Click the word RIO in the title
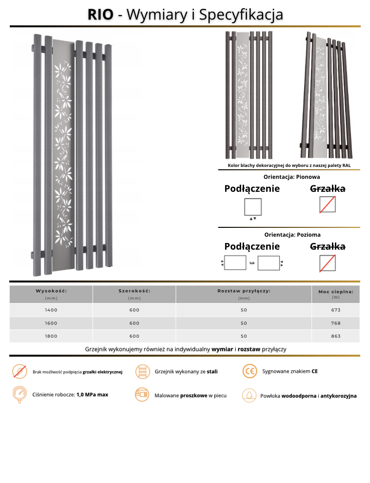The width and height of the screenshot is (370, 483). [100, 14]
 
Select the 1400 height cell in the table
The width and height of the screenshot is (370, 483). [51, 310]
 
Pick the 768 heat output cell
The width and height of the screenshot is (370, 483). [335, 323]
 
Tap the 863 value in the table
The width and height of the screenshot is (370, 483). [335, 336]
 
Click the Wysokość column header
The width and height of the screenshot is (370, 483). [51, 291]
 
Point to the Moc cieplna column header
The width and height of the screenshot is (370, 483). [335, 292]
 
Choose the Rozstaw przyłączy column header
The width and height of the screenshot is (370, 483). [244, 291]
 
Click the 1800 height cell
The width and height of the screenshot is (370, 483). [51, 336]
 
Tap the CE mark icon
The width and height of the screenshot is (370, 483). [249, 371]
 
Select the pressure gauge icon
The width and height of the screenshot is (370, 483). [20, 394]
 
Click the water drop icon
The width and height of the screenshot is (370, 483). [249, 395]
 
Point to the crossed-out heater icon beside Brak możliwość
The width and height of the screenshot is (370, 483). [20, 371]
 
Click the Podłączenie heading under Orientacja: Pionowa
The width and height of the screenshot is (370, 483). [252, 189]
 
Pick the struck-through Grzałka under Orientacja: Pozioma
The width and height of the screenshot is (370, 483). [328, 246]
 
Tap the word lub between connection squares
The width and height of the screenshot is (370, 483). [252, 263]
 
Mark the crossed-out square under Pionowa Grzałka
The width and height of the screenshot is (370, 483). [328, 205]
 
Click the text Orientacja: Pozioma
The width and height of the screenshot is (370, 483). [292, 235]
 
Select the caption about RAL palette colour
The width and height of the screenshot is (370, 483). [289, 165]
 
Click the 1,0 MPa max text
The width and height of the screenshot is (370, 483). [92, 394]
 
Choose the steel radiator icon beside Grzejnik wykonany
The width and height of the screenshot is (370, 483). [142, 371]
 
